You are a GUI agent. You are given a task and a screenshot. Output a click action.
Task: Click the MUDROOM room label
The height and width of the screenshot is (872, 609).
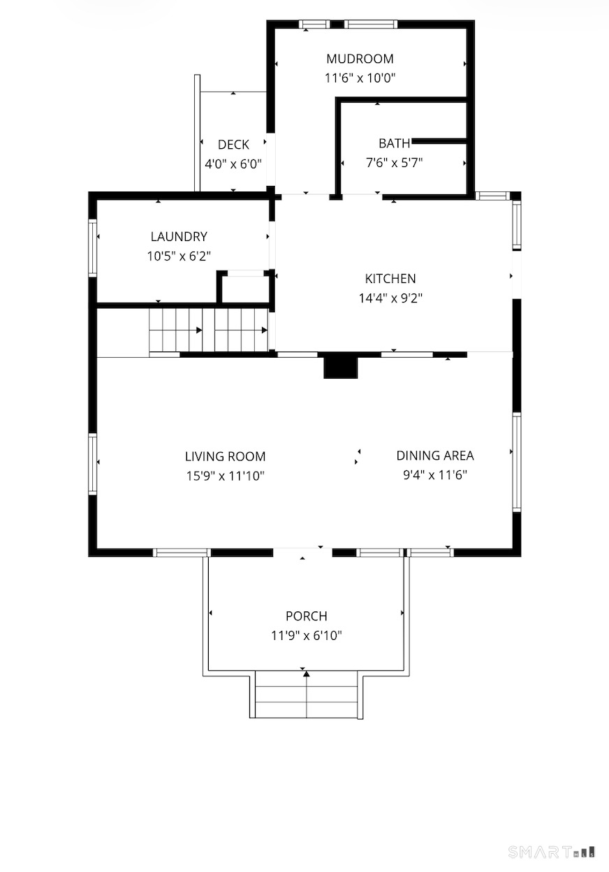pyautogui.click(x=360, y=59)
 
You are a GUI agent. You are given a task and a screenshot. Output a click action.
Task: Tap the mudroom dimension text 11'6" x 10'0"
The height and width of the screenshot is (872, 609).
pyautogui.click(x=360, y=78)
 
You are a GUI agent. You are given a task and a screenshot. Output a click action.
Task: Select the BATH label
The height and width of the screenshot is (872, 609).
pyautogui.click(x=394, y=143)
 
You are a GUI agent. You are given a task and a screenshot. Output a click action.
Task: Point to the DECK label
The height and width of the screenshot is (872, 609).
pyautogui.click(x=233, y=145)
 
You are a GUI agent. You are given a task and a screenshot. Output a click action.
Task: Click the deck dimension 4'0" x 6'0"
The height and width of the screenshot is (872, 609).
pyautogui.click(x=233, y=164)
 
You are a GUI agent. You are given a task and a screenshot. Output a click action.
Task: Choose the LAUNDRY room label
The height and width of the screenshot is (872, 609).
pyautogui.click(x=179, y=237)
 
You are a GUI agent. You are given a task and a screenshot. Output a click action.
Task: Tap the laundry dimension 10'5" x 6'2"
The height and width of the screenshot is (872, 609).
pyautogui.click(x=179, y=256)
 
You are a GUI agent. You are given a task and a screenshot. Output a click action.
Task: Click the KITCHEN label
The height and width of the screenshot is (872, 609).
pyautogui.click(x=390, y=279)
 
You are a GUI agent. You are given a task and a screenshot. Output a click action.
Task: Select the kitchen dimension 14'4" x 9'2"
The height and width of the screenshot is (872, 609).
pyautogui.click(x=390, y=298)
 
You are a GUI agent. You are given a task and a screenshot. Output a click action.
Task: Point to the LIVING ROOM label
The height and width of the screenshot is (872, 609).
pyautogui.click(x=226, y=456)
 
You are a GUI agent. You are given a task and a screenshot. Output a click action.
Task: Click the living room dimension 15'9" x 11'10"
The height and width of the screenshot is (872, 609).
pyautogui.click(x=226, y=476)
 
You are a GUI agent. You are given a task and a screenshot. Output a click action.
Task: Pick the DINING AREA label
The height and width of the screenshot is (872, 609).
pyautogui.click(x=435, y=456)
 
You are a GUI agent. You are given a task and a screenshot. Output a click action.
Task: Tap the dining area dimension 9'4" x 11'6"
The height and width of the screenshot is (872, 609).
pyautogui.click(x=435, y=475)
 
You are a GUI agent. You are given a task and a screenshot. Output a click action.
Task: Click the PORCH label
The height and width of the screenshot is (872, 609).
pyautogui.click(x=307, y=616)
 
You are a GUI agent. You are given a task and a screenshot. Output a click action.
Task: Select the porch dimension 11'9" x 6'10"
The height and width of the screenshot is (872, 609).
pyautogui.click(x=307, y=636)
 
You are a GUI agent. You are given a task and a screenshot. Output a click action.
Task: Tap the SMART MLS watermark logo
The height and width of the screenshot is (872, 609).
pyautogui.click(x=552, y=852)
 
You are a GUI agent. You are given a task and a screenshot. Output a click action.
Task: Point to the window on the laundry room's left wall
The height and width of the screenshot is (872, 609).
pyautogui.click(x=93, y=248)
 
